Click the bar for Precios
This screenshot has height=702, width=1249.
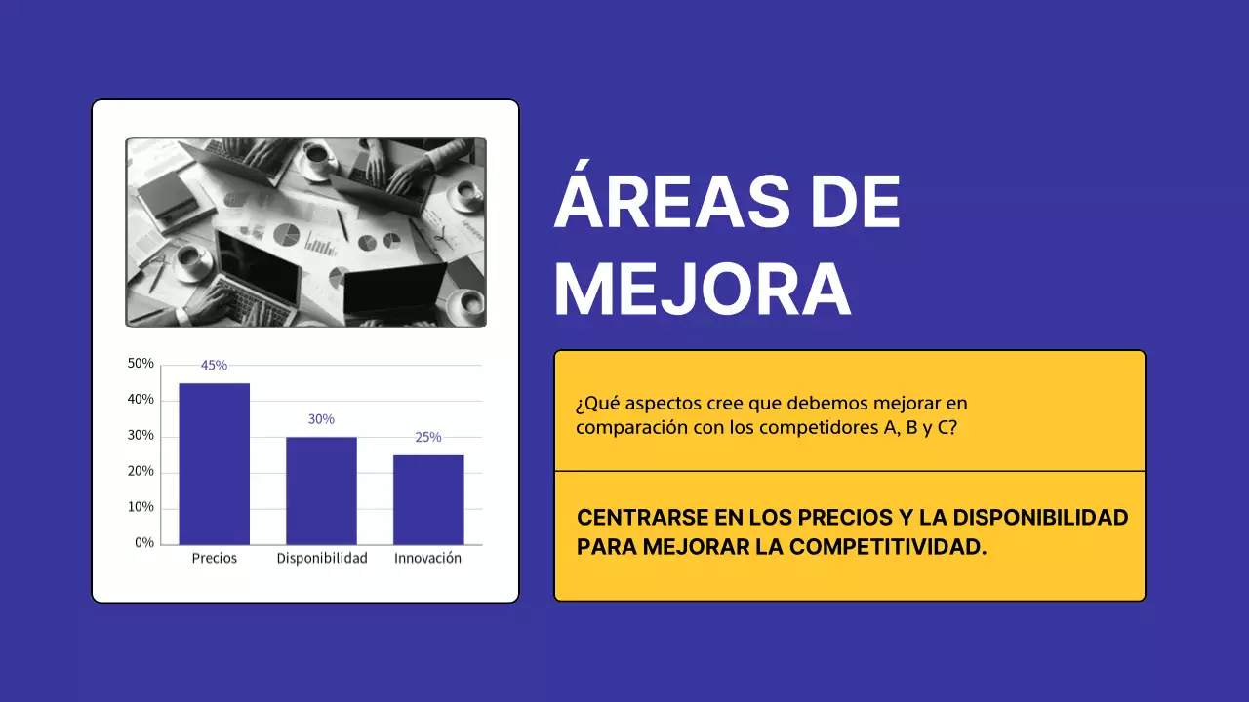click(x=214, y=463)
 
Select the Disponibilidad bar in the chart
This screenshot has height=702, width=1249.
click(x=321, y=490)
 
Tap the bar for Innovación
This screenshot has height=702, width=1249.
click(x=428, y=499)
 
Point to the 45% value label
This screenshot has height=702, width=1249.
click(x=214, y=366)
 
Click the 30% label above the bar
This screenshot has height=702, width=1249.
click(x=321, y=419)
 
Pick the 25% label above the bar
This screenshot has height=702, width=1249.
click(x=428, y=437)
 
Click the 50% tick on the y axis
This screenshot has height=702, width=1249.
click(x=141, y=363)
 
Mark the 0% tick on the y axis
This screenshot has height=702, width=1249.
click(x=144, y=542)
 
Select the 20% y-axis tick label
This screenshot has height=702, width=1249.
click(x=141, y=471)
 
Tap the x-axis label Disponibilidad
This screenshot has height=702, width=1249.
click(x=322, y=559)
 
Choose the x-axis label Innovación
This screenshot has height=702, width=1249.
click(x=427, y=559)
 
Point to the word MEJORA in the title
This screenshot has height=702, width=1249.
click(x=703, y=289)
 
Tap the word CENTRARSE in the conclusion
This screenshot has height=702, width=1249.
click(x=634, y=517)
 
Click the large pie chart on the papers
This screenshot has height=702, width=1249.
click(x=287, y=234)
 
